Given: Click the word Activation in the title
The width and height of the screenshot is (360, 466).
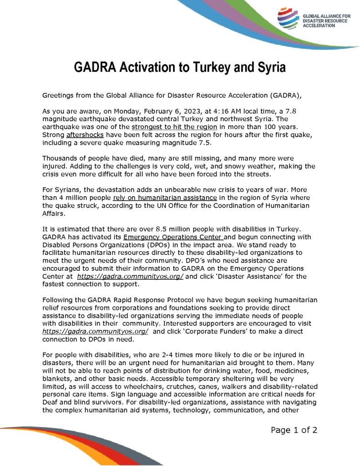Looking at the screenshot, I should (x=148, y=68).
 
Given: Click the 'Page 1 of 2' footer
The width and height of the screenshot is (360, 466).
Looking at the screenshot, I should (x=294, y=430).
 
